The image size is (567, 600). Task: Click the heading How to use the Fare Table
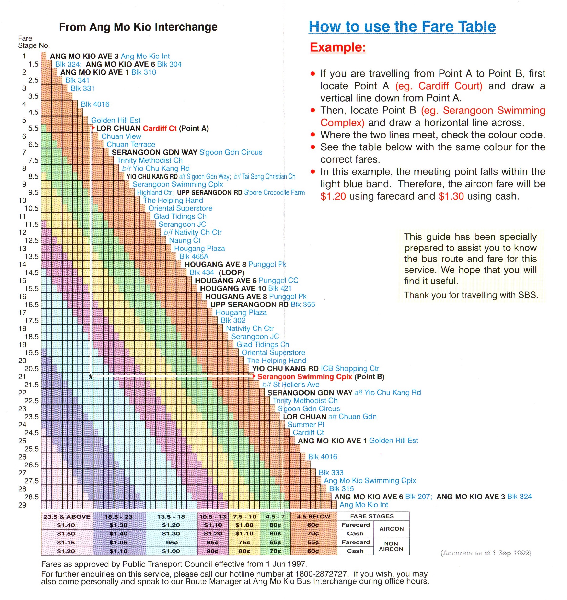click(x=402, y=27)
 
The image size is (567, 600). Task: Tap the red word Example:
click(x=338, y=47)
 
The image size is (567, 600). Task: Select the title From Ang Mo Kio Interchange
click(x=138, y=27)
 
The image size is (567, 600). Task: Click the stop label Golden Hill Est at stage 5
click(x=116, y=120)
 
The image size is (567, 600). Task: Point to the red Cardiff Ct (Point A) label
click(x=175, y=128)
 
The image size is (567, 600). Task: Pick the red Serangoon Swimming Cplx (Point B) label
click(x=320, y=377)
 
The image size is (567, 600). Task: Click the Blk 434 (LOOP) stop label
click(x=217, y=272)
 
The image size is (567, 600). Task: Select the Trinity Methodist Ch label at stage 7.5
click(x=150, y=160)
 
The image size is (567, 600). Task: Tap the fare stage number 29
click(x=22, y=505)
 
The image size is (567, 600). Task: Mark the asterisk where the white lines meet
click(x=90, y=377)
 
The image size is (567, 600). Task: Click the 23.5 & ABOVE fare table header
click(x=67, y=517)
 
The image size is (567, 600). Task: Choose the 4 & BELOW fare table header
click(x=313, y=517)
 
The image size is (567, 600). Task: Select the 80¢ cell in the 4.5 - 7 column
click(x=275, y=525)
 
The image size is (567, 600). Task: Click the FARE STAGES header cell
click(x=372, y=516)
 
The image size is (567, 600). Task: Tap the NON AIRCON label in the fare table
click(x=391, y=546)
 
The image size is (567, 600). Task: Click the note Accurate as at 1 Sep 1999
click(x=486, y=553)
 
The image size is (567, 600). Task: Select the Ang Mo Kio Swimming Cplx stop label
click(x=370, y=481)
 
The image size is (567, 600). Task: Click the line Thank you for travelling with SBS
click(x=471, y=295)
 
